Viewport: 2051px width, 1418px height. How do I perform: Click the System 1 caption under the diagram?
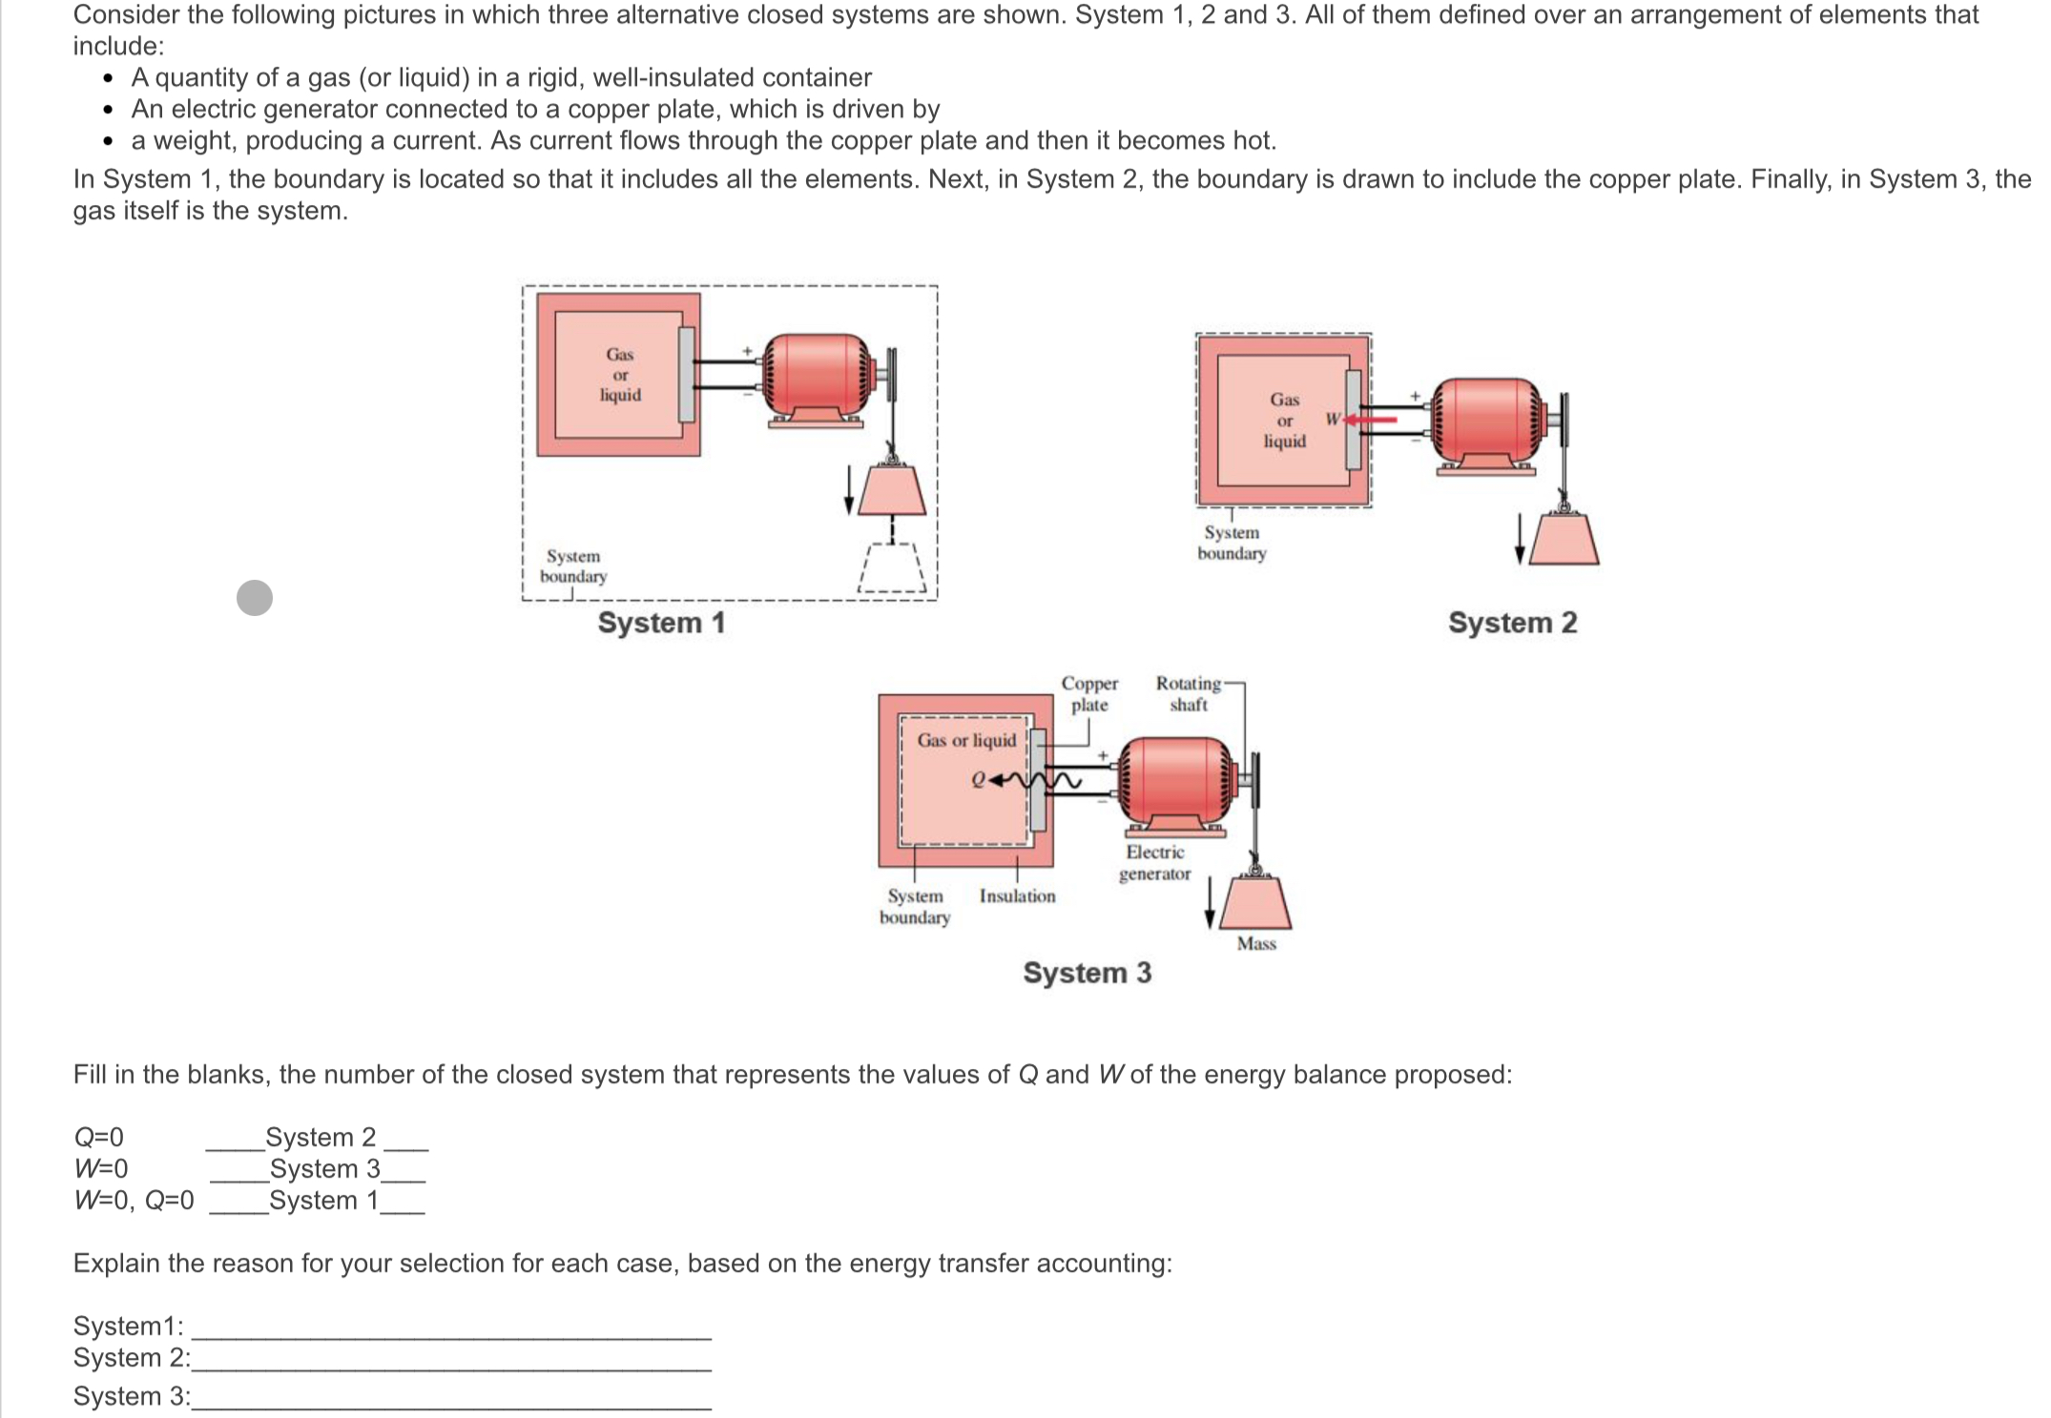click(x=661, y=623)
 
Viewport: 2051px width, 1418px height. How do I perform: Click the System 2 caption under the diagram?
click(x=1512, y=623)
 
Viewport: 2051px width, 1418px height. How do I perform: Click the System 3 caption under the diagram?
click(x=1087, y=973)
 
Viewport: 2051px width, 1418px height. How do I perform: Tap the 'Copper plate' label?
click(x=1089, y=694)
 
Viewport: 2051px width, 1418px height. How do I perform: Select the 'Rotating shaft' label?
click(x=1188, y=694)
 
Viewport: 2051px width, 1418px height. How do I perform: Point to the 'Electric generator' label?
click(x=1154, y=863)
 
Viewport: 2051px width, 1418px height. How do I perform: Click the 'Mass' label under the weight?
click(x=1256, y=944)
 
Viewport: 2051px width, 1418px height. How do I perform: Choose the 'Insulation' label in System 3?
click(x=1017, y=896)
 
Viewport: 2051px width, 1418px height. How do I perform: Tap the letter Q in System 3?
click(x=977, y=780)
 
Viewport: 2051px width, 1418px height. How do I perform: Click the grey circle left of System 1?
click(x=255, y=598)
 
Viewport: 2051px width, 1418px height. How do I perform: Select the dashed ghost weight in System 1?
click(x=892, y=569)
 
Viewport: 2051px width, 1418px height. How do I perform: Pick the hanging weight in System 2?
click(x=1564, y=538)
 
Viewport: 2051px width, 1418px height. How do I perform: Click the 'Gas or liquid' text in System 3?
click(x=966, y=741)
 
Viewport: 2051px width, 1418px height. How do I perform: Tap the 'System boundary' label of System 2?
click(x=1232, y=543)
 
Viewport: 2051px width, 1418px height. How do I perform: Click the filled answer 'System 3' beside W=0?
click(x=324, y=1169)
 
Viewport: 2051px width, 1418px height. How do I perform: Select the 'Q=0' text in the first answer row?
click(x=99, y=1138)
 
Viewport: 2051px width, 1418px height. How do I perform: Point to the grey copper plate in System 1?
click(x=686, y=374)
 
